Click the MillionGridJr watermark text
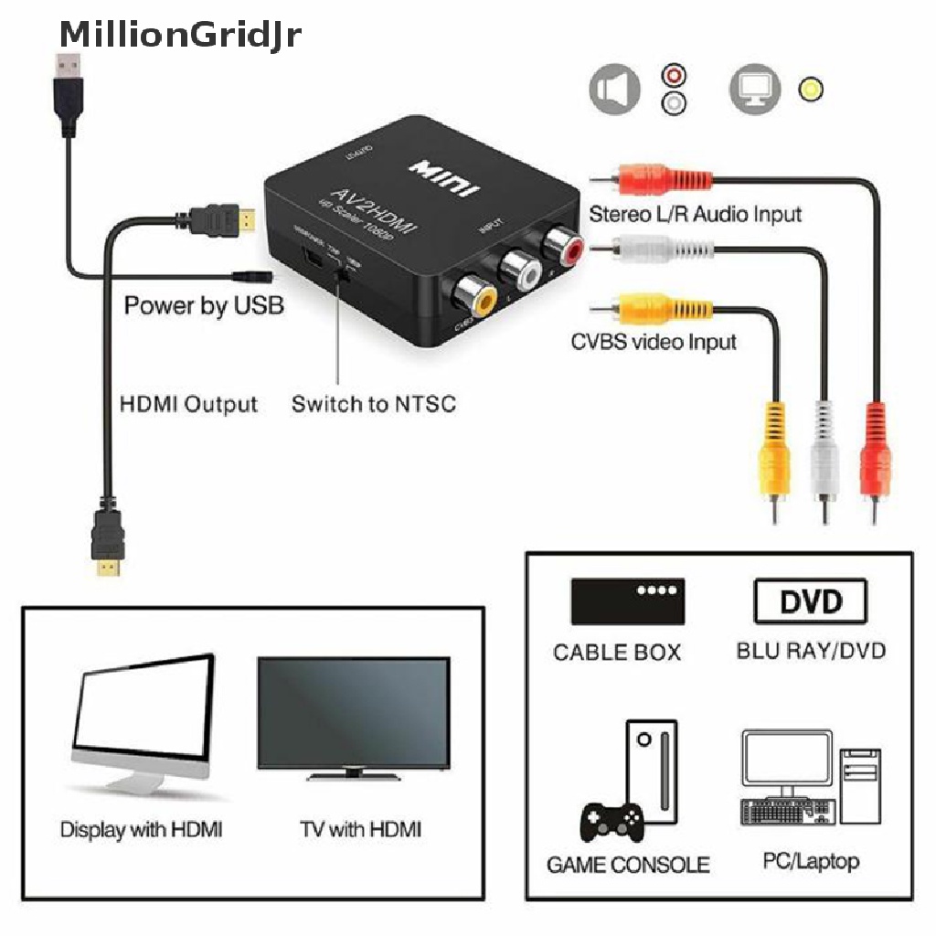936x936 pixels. [x=179, y=34]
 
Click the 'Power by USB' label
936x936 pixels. [x=204, y=305]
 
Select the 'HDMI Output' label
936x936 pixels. [x=188, y=403]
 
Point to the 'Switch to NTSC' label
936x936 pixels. [x=373, y=403]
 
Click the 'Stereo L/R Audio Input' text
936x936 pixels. [x=695, y=215]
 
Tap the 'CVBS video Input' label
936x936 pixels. [x=654, y=342]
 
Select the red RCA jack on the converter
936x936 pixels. [x=558, y=244]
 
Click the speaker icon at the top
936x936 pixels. [x=612, y=90]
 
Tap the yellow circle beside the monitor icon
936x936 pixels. [x=810, y=90]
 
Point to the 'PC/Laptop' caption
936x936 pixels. [x=811, y=861]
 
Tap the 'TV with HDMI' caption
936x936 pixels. [x=361, y=830]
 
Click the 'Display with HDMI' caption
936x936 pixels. [x=142, y=830]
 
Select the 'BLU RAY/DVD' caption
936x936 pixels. [x=811, y=652]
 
